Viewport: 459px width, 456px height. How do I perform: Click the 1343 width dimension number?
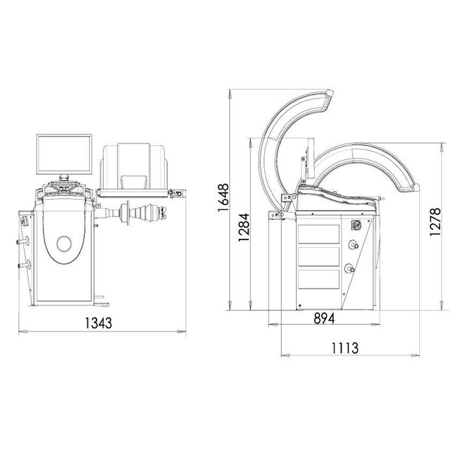coord(98,323)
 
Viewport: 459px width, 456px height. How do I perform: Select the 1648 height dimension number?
coord(223,198)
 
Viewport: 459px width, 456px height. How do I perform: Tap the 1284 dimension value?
coord(244,227)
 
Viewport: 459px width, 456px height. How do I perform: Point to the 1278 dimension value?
coord(435,222)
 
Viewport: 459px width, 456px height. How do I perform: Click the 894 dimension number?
coord(324,318)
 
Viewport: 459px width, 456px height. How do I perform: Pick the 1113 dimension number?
coord(344,348)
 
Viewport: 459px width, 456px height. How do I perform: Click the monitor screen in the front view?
coord(65,154)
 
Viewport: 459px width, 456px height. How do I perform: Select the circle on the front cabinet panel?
coord(64,244)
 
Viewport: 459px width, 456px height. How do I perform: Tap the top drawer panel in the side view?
coord(318,234)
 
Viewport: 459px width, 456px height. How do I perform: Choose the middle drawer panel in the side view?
coord(318,257)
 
